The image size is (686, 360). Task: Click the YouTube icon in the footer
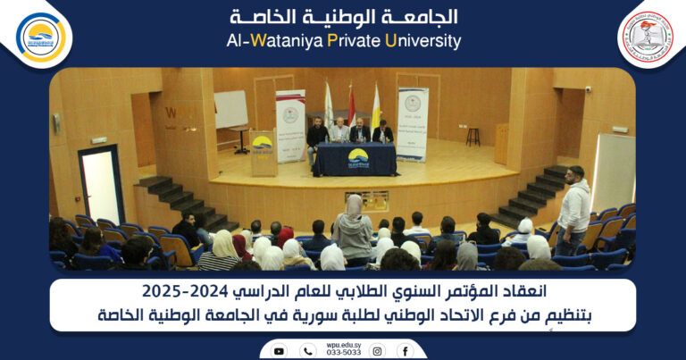pyautogui.click(x=279, y=351)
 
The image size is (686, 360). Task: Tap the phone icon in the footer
pyautogui.click(x=307, y=351)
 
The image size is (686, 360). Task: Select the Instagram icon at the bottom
pyautogui.click(x=377, y=351)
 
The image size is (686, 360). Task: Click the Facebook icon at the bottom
pyautogui.click(x=405, y=351)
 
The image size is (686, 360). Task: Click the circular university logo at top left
pyautogui.click(x=41, y=37)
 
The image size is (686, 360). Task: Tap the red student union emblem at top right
pyautogui.click(x=646, y=37)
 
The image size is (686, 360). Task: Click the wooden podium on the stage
pyautogui.click(x=263, y=154)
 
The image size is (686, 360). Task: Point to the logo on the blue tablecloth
pyautogui.click(x=357, y=157)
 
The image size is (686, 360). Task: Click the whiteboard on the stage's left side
pyautogui.click(x=230, y=110)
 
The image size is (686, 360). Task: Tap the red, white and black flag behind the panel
pyautogui.click(x=351, y=105)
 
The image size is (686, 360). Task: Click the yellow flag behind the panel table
pyautogui.click(x=376, y=107)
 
